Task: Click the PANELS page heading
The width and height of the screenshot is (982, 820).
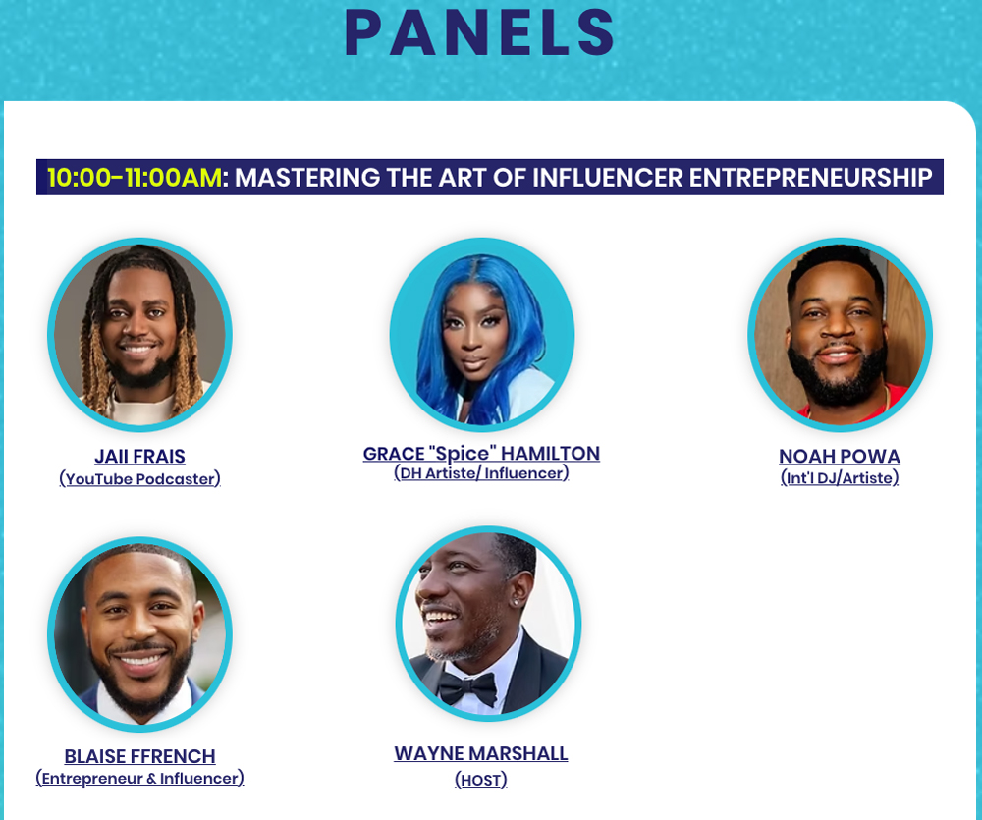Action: pos(480,33)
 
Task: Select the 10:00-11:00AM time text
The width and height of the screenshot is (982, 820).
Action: pos(134,178)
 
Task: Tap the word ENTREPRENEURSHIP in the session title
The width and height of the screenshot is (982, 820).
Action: pos(811,178)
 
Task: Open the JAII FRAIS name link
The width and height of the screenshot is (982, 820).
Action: pos(139,456)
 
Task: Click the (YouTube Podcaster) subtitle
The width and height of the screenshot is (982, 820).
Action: pos(139,478)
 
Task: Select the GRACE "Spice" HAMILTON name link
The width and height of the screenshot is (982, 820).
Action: pos(481,454)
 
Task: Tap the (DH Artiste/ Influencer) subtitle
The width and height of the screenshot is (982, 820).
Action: pos(481,473)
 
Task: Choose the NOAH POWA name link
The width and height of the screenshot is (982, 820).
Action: pos(840,456)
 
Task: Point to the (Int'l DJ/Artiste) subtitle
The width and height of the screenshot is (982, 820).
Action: pos(840,478)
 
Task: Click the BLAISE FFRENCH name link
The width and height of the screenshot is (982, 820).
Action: pos(139,756)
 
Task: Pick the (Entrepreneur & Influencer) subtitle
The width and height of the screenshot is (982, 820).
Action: pos(139,778)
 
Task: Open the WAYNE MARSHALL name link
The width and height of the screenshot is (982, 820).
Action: pos(481,753)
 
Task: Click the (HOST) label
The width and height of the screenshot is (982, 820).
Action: pos(481,780)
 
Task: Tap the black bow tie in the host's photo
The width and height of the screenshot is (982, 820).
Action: pos(467,688)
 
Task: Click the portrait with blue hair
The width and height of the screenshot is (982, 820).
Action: pos(482,334)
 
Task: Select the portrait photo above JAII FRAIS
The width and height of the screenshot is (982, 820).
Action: pos(139,335)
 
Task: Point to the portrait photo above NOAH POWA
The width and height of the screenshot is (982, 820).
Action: pos(840,335)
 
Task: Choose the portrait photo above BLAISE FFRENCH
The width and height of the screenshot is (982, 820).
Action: pos(139,634)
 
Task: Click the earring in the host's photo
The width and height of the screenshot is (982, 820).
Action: pos(517,602)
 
